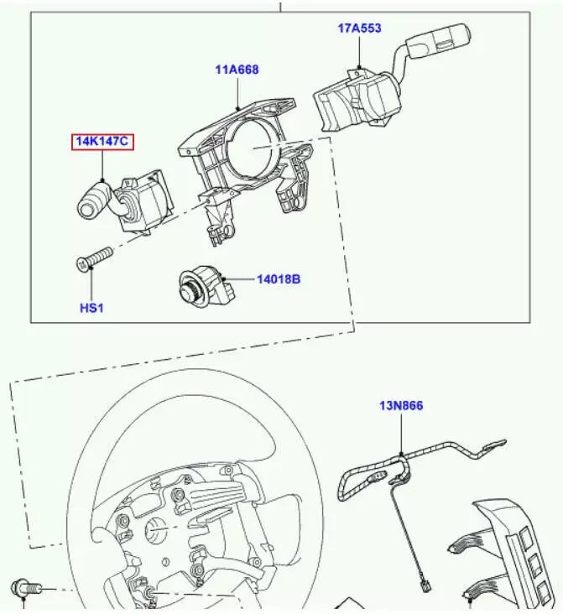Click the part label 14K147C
tap(102, 141)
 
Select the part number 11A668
tap(237, 70)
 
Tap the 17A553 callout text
tap(359, 29)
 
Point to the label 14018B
tap(279, 279)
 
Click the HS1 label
tap(91, 308)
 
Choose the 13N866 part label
tap(401, 405)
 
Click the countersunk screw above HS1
tap(94, 259)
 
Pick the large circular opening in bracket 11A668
tap(252, 148)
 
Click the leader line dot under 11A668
tap(237, 108)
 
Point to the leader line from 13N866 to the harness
tap(401, 434)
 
